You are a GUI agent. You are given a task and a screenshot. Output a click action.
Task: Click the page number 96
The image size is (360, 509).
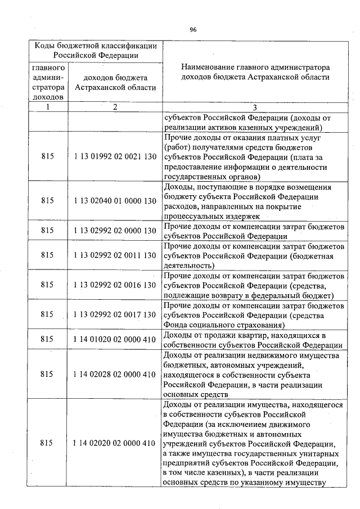point(192,29)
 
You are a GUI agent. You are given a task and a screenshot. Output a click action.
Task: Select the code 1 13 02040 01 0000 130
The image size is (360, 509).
point(115,200)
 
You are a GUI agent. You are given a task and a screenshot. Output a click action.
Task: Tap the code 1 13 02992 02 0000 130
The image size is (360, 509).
point(115,230)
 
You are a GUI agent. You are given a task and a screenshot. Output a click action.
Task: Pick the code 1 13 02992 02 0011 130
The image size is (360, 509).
point(115,255)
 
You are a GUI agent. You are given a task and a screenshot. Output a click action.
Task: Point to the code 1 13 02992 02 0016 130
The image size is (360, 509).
point(115,285)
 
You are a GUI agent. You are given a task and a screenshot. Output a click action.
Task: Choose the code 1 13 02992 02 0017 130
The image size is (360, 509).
point(115,314)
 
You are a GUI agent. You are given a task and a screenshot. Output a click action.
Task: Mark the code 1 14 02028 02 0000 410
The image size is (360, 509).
point(115,374)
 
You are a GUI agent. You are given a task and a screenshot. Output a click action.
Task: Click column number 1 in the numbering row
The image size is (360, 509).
point(47,107)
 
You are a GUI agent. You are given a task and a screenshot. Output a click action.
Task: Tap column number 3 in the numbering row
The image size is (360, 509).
point(254,107)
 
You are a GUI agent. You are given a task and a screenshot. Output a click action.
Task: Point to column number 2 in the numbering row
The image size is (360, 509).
point(115,107)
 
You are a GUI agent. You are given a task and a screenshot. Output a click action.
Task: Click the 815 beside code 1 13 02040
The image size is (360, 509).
point(47,200)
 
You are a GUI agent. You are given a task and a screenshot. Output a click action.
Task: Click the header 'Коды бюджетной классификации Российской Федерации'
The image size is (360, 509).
point(96,50)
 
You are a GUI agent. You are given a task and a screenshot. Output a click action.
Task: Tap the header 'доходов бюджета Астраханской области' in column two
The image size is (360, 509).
point(115,83)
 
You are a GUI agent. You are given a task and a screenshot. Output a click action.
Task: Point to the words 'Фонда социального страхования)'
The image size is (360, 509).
point(219,325)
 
